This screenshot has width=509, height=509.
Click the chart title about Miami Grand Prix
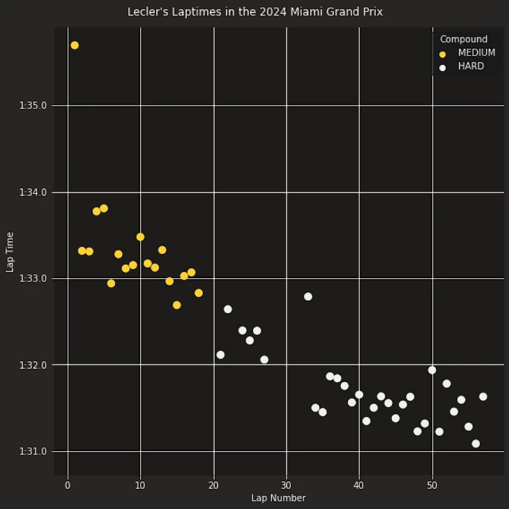pos(254,12)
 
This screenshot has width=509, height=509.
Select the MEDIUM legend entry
pos(476,53)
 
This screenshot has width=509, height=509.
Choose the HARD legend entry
pos(471,67)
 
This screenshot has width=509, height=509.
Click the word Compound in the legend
pos(464,40)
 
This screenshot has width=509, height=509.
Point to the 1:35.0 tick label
pos(33,106)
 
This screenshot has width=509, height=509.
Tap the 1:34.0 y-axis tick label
pos(33,192)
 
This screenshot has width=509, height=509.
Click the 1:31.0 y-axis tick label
pos(33,452)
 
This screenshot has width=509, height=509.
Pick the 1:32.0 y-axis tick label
pos(33,365)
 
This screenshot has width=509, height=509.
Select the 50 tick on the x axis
pos(432,485)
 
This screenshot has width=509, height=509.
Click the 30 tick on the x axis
pos(286,485)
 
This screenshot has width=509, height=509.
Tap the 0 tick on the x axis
pos(68,485)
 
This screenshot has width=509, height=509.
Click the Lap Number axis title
pos(278,499)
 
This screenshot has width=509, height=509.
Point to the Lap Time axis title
pos(10,252)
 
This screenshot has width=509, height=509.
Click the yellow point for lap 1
pos(75,45)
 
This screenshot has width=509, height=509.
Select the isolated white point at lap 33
pos(308,296)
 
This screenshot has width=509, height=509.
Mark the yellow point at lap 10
pos(140,237)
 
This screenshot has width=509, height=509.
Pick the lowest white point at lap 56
pos(476,443)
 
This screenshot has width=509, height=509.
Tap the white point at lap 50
pos(432,370)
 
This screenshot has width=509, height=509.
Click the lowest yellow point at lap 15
pos(176,305)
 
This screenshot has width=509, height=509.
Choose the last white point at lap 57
pos(483,397)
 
